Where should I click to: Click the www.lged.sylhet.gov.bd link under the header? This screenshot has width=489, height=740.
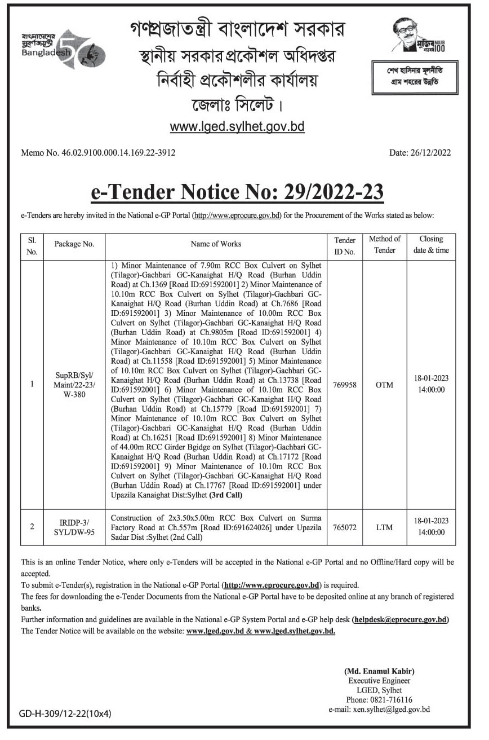(x=237, y=127)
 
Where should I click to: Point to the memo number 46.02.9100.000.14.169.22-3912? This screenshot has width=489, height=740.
(x=98, y=152)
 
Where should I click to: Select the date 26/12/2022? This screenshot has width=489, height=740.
(x=420, y=152)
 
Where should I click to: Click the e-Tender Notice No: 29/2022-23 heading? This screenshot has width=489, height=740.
(x=237, y=192)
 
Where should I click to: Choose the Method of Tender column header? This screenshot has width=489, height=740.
(x=385, y=244)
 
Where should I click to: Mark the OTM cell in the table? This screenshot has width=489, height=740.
(x=385, y=385)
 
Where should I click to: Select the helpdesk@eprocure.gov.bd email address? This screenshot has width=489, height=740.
(x=401, y=619)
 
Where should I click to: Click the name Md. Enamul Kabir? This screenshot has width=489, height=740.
(x=379, y=671)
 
